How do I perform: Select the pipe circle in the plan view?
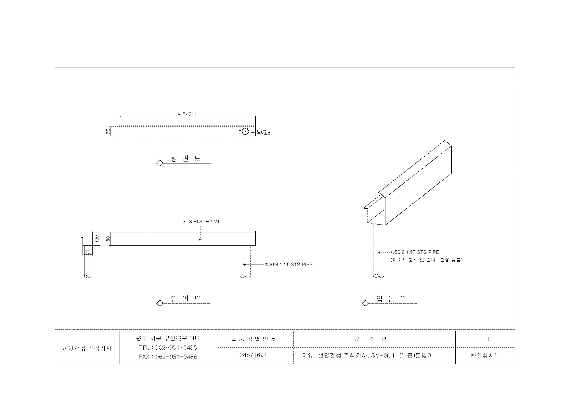(245, 132)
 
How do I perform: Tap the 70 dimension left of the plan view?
(108, 131)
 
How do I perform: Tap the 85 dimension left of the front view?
(108, 238)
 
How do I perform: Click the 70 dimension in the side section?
(87, 252)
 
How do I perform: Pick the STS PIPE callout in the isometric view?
(415, 252)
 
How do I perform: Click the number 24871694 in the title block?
(253, 355)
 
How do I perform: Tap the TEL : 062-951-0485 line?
(168, 347)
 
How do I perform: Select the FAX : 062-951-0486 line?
(168, 357)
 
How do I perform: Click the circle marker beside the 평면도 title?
(159, 163)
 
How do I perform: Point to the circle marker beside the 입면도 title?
(365, 303)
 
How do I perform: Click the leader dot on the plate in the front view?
(200, 240)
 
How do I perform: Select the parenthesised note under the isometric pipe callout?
(426, 260)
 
